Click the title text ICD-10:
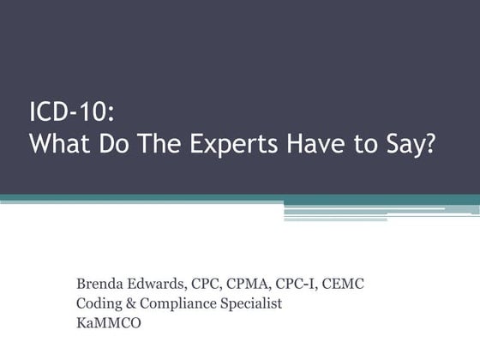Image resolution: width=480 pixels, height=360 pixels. coord(72,111)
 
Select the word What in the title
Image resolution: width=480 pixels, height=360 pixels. coord(60,143)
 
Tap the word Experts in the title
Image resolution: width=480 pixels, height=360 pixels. coord(234,145)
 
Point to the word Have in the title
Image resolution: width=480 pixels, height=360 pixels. coord(316,143)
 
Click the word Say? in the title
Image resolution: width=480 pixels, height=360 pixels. coord(411,145)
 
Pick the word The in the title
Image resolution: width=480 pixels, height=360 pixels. coord(160,143)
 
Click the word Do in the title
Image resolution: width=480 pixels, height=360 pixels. coord(113,143)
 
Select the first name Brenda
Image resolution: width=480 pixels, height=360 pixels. coord(99,284)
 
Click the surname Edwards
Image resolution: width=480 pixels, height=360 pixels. coord(156,284)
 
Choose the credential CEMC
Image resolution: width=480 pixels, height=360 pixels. coord(343,284)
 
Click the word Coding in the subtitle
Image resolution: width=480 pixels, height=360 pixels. coord(99,304)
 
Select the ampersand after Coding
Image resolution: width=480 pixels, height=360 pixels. coord(130,303)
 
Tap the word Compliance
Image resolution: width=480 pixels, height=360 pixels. coord(178,304)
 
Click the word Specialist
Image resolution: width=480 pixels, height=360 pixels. coord(251,304)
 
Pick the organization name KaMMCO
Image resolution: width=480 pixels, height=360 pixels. coord(109,323)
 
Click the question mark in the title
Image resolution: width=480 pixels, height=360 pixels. coord(429,143)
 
